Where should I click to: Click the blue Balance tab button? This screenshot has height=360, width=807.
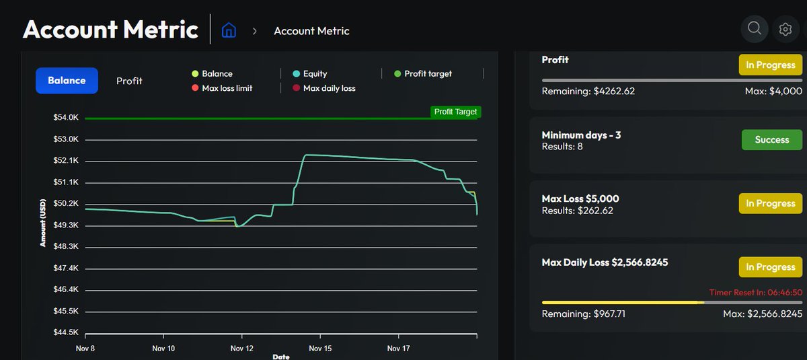point(67,81)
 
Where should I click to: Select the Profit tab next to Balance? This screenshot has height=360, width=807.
point(129,81)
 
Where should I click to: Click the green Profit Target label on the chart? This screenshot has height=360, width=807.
point(455,112)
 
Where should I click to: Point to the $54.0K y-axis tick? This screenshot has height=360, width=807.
point(66,118)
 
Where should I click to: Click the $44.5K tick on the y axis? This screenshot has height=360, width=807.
point(66,332)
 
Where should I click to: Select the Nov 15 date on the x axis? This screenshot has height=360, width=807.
point(320,349)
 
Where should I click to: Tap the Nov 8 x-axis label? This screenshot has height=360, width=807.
point(85,349)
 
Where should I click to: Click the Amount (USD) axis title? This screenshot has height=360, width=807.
point(43,222)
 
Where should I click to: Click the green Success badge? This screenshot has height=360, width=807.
point(771,140)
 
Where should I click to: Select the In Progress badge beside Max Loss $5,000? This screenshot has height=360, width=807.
point(770,203)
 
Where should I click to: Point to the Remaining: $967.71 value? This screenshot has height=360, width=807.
point(583,314)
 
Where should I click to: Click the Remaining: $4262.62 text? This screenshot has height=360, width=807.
point(589,91)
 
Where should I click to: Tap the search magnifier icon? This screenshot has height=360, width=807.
point(755,28)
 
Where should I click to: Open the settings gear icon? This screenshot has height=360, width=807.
point(785,29)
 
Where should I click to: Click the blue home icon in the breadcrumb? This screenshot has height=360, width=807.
point(229,30)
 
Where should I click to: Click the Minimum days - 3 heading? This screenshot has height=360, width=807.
point(581,135)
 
